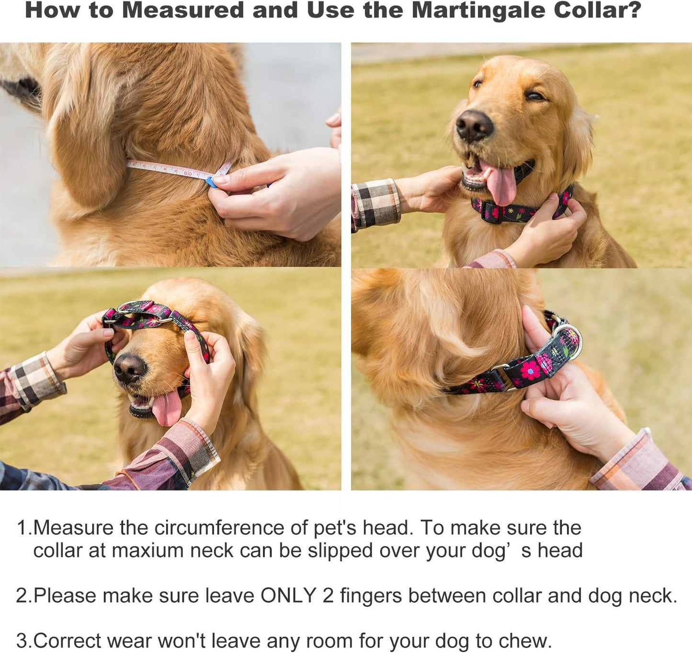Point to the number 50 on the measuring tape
pyautogui.click(x=188, y=173)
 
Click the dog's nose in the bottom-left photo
pyautogui.click(x=129, y=368)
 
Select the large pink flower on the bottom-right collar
pyautogui.click(x=530, y=370)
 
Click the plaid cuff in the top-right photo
pyautogui.click(x=375, y=204)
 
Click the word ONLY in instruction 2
pyautogui.click(x=288, y=596)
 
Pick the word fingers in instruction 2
pyautogui.click(x=371, y=596)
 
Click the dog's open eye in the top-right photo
pyautogui.click(x=535, y=96)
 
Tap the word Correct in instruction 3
pyautogui.click(x=68, y=641)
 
